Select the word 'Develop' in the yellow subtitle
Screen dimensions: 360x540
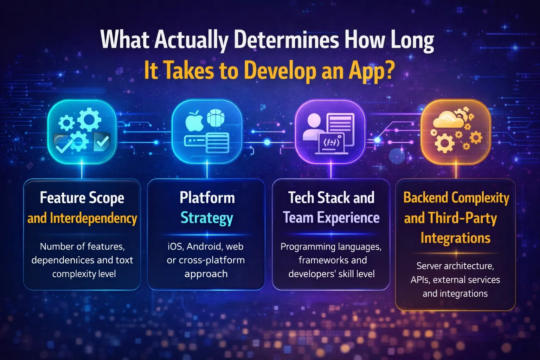point(280,71)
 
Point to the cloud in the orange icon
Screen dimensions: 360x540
point(448,120)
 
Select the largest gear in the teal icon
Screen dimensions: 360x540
point(89,119)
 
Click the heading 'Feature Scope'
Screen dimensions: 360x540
point(82,198)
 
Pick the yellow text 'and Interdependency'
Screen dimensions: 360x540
point(82,218)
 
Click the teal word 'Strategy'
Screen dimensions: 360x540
point(207,218)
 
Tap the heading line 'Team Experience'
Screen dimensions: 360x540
point(331,218)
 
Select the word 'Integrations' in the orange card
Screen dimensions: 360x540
point(455,238)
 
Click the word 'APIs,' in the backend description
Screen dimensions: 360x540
point(420,280)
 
